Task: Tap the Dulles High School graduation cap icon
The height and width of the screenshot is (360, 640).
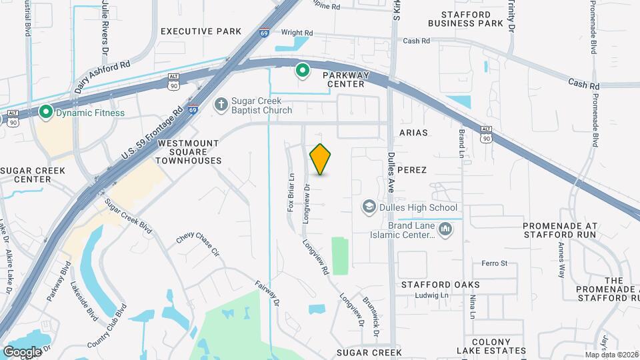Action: (367, 207)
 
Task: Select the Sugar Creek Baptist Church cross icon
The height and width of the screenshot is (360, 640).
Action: (221, 105)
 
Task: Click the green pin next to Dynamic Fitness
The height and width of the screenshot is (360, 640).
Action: (46, 112)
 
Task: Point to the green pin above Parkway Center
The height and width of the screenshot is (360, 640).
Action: (302, 69)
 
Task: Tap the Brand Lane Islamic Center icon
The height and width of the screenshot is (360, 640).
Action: (446, 231)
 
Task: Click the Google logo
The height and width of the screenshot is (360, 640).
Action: (22, 351)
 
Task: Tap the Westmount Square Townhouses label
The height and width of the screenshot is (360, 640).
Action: (189, 152)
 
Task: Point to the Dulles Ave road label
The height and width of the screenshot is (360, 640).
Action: (392, 174)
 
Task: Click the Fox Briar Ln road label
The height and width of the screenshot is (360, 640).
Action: (291, 193)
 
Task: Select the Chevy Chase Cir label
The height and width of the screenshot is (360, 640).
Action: (198, 245)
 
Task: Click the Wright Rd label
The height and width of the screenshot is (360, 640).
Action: (297, 33)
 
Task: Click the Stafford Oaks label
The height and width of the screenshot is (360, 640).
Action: (440, 285)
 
